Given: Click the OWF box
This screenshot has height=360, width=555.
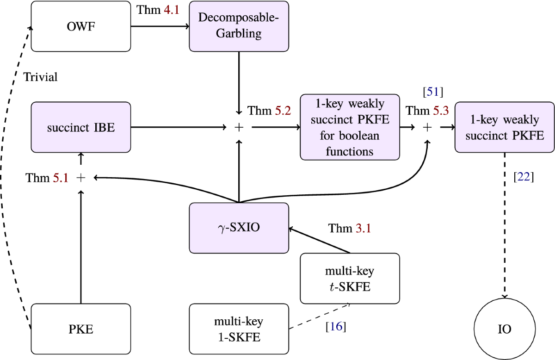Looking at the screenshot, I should tap(81, 26).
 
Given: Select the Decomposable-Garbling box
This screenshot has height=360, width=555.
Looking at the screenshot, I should tap(239, 26).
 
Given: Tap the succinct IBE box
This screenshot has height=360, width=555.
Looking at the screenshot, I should tap(81, 127).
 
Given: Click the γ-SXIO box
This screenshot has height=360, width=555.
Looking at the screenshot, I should tap(239, 227).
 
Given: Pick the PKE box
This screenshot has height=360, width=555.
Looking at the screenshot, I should tap(81, 329).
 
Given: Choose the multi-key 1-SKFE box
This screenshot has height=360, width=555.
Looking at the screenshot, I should tap(239, 329).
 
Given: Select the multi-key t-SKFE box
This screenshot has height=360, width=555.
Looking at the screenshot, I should tap(349, 278).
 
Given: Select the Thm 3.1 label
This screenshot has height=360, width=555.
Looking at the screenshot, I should tap(350, 228).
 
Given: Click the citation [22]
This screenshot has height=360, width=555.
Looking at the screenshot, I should tap(524, 176).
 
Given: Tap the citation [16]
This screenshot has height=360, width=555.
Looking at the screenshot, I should tap(336, 327).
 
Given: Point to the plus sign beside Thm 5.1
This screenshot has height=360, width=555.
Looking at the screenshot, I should tap(81, 177).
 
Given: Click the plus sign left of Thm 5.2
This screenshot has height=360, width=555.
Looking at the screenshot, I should tap(239, 127).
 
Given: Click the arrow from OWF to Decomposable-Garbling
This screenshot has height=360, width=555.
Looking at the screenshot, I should tap(160, 26).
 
